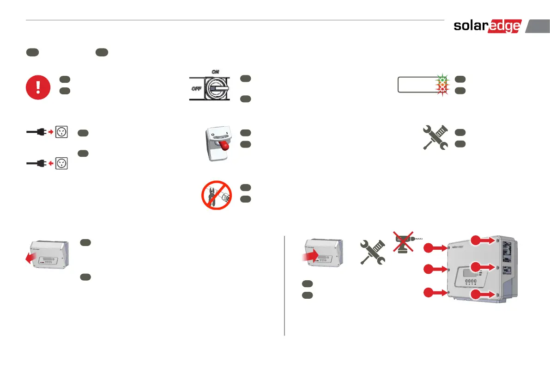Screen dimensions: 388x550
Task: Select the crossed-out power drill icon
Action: tap(403, 242)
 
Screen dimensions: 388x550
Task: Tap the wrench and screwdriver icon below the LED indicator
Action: tap(436, 137)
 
